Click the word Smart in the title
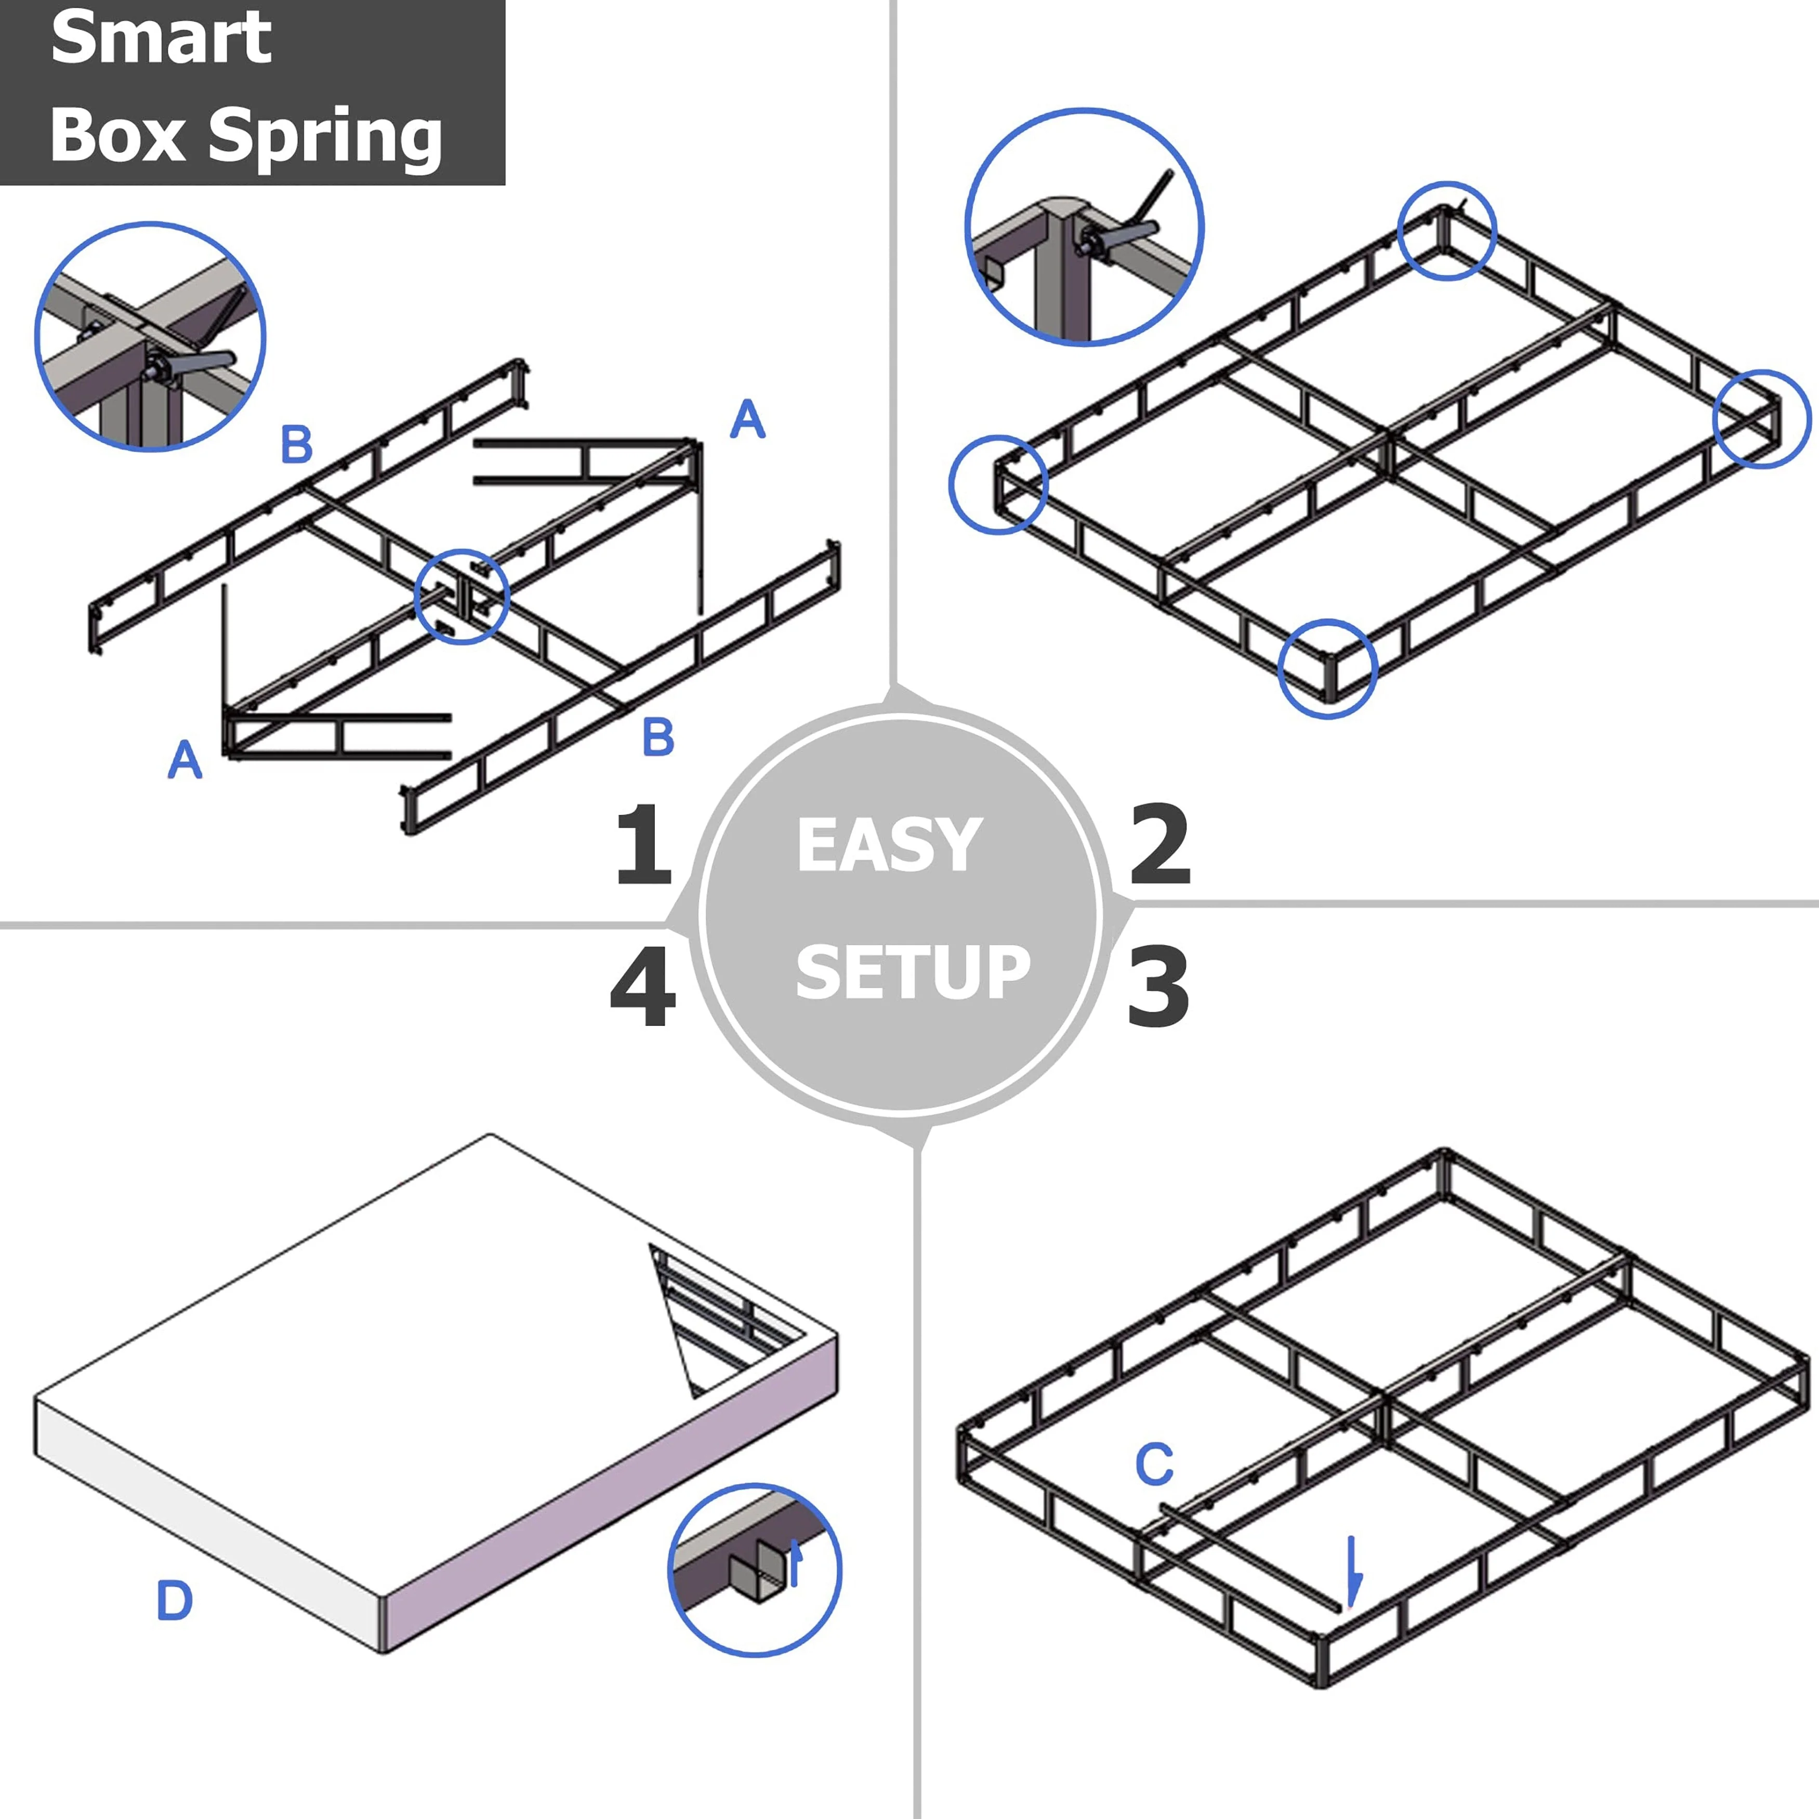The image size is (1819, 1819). pyautogui.click(x=160, y=39)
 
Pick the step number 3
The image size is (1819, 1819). pyautogui.click(x=1158, y=987)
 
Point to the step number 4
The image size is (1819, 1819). pyautogui.click(x=643, y=987)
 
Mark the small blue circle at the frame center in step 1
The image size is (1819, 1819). pyautogui.click(x=462, y=597)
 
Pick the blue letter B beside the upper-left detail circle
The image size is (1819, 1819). pyautogui.click(x=297, y=444)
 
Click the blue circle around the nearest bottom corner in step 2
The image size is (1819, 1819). pyautogui.click(x=1327, y=668)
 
